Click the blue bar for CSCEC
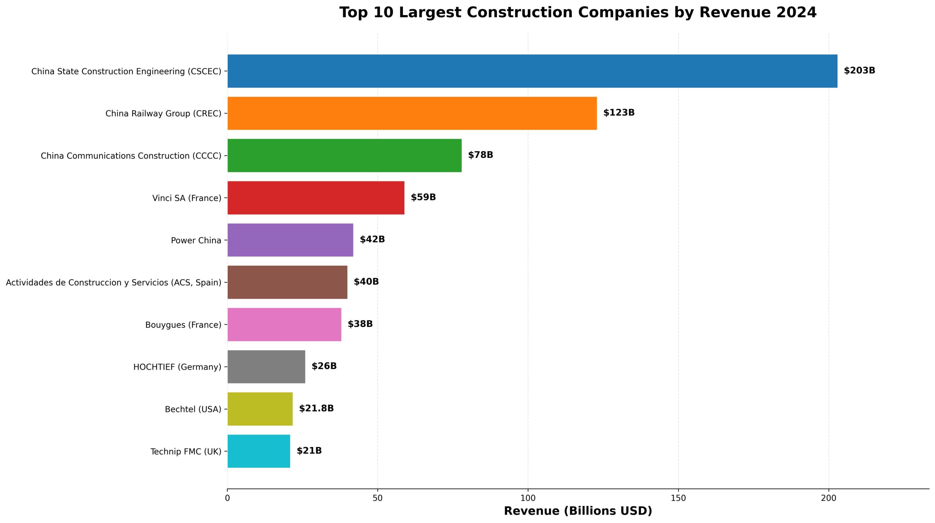532,71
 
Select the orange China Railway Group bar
412,113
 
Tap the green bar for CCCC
344,155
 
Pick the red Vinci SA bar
316,198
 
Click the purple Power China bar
290,240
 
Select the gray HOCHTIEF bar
266,367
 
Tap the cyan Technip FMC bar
259,451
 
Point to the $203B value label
859,70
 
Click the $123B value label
619,113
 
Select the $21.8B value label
316,408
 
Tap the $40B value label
366,282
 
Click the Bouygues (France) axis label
183,325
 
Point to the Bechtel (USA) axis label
193,409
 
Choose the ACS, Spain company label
114,282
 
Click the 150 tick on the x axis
678,498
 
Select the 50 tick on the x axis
378,498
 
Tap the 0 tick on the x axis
228,498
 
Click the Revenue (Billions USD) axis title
578,511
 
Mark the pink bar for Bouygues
284,324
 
